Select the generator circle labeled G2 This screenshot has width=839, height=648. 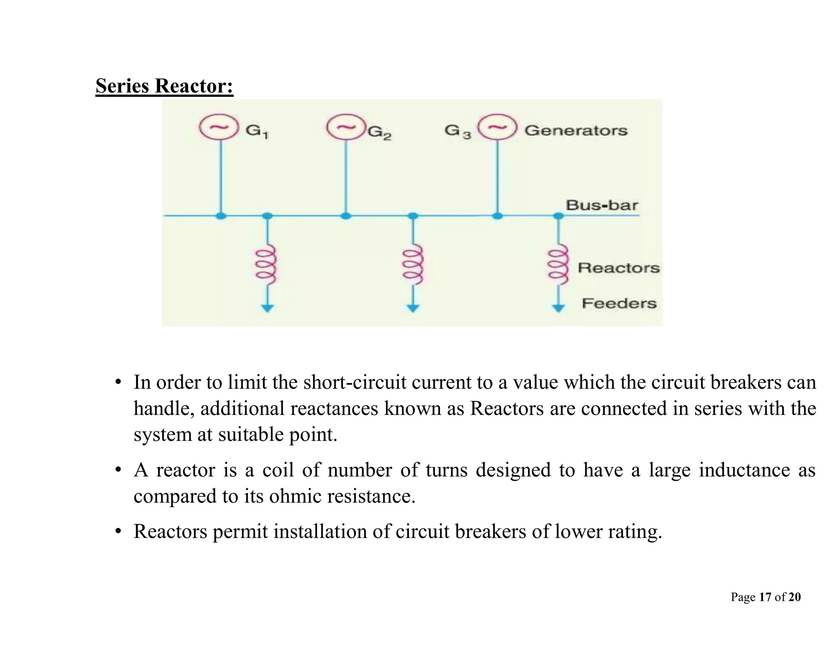[x=347, y=127]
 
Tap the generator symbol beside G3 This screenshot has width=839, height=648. [x=497, y=128]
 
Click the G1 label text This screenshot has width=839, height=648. [x=257, y=131]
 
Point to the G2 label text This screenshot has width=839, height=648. [x=379, y=132]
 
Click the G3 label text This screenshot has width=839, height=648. [x=458, y=131]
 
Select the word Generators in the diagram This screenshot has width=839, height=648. [x=576, y=130]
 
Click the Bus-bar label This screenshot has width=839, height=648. [x=602, y=205]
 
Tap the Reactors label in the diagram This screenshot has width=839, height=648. [x=619, y=268]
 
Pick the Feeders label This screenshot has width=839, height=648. [x=619, y=304]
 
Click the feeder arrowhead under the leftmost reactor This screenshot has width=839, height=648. [x=268, y=308]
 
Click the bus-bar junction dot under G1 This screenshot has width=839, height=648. [x=221, y=216]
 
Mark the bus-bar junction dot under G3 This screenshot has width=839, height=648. [x=497, y=216]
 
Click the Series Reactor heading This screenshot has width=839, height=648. [x=164, y=86]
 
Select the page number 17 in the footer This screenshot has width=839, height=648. [x=765, y=597]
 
